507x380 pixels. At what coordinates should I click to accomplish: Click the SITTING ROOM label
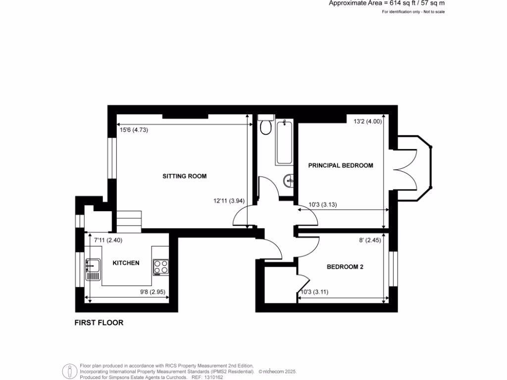pyautogui.click(x=184, y=176)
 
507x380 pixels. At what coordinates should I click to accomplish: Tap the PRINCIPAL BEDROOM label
pyautogui.click(x=340, y=165)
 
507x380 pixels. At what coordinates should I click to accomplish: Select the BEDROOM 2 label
pyautogui.click(x=345, y=267)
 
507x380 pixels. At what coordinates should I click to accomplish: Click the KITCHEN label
pyautogui.click(x=126, y=263)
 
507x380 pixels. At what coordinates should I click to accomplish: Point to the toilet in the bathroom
pyautogui.click(x=266, y=126)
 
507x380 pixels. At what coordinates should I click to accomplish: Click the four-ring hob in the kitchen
pyautogui.click(x=160, y=267)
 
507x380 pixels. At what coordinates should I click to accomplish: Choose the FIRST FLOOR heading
pyautogui.click(x=99, y=323)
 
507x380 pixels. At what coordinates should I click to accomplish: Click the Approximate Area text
pyautogui.click(x=387, y=3)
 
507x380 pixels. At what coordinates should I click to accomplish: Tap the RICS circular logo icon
pyautogui.click(x=69, y=371)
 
